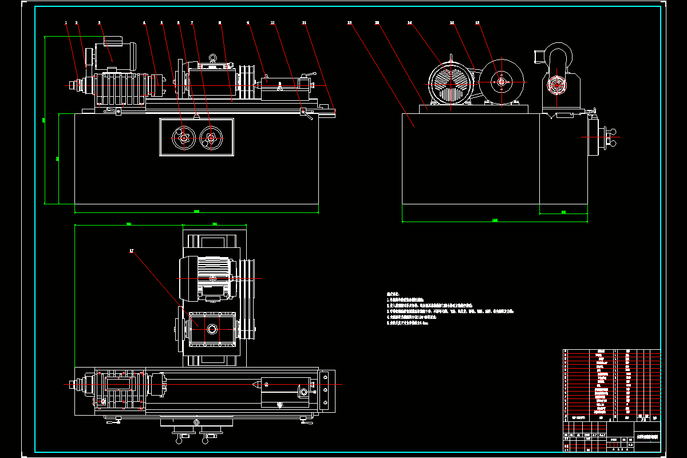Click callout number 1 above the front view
tap(66, 23)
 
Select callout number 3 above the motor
tap(99, 23)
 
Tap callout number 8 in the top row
tap(220, 23)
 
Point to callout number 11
tap(304, 23)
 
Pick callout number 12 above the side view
tap(349, 23)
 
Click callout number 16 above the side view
tap(477, 23)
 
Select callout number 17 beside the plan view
tap(132, 251)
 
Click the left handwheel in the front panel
tap(182, 137)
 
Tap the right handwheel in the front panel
tap(211, 137)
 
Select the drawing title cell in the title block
tap(647, 436)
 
